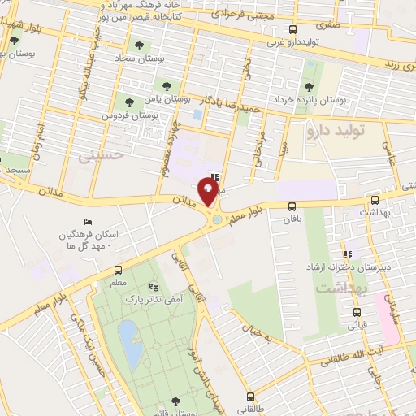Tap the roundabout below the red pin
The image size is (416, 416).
(x=215, y=218)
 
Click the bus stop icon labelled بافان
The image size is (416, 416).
(x=290, y=206)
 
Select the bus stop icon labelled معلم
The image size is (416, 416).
(x=119, y=270)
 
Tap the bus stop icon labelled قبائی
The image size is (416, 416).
(x=356, y=312)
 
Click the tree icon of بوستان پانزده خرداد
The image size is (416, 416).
(x=308, y=87)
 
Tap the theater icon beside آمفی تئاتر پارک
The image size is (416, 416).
(x=154, y=288)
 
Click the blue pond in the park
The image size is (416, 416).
(x=128, y=333)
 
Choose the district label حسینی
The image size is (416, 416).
(x=106, y=153)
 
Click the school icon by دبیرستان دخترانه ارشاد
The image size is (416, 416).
(x=347, y=255)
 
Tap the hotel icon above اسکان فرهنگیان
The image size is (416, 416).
(x=88, y=223)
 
